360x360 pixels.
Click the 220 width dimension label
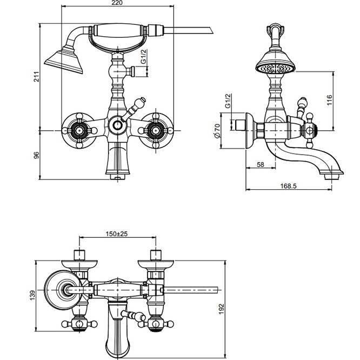click(117, 3)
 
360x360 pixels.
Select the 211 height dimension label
click(37, 77)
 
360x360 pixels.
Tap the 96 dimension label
click(37, 155)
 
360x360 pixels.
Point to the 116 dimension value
click(330, 100)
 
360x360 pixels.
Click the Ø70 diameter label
click(217, 131)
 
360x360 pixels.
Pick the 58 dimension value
click(261, 164)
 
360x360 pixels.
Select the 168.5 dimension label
click(288, 186)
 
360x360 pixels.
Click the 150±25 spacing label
click(117, 234)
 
